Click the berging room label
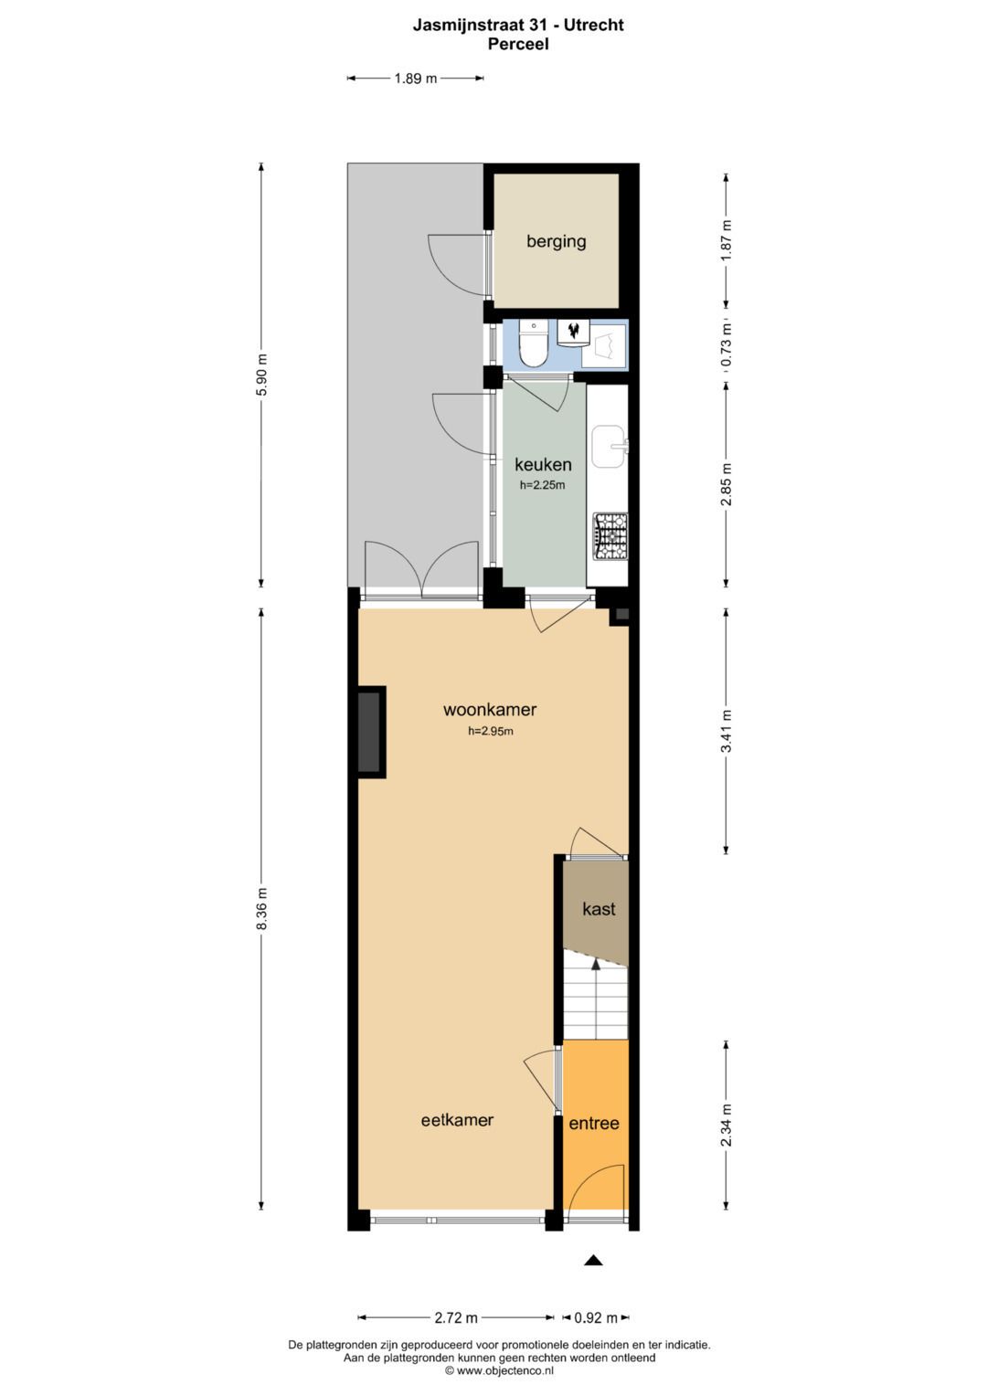[x=556, y=241]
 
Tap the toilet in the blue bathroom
[x=532, y=344]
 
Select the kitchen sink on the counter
[x=608, y=445]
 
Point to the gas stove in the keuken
[x=610, y=536]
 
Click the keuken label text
[x=543, y=465]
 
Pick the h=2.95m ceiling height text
[x=491, y=731]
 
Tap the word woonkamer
[x=490, y=710]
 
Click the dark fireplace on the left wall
[x=369, y=732]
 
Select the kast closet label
[x=599, y=909]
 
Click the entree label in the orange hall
[x=594, y=1124]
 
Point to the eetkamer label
[x=457, y=1120]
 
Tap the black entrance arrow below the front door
[x=594, y=1261]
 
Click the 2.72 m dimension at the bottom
[x=456, y=1317]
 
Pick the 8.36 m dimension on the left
[x=261, y=909]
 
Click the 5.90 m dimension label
[x=261, y=375]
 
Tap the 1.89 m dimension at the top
[x=415, y=79]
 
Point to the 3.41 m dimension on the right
[x=727, y=731]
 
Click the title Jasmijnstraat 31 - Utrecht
[x=518, y=26]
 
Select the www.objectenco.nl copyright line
[x=499, y=1370]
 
